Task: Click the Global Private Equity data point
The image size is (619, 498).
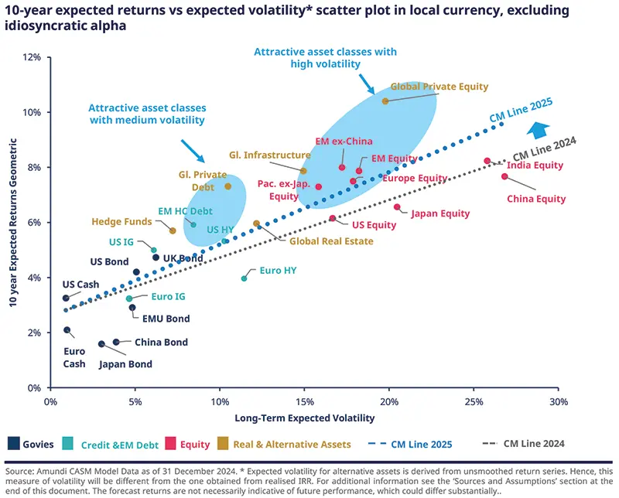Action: (385, 101)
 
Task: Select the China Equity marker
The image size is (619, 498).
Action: (504, 176)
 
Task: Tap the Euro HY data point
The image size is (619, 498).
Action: (245, 278)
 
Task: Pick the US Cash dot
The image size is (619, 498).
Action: (66, 298)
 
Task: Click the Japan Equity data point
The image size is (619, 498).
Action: (397, 206)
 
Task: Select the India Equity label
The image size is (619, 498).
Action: (535, 165)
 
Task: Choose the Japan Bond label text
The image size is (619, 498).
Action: (125, 364)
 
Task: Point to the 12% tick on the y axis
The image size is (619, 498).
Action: (34, 58)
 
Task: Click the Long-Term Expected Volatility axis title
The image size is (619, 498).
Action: (304, 418)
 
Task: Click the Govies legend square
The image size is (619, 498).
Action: (13, 444)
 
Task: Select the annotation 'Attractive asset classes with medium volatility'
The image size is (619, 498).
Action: (146, 114)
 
